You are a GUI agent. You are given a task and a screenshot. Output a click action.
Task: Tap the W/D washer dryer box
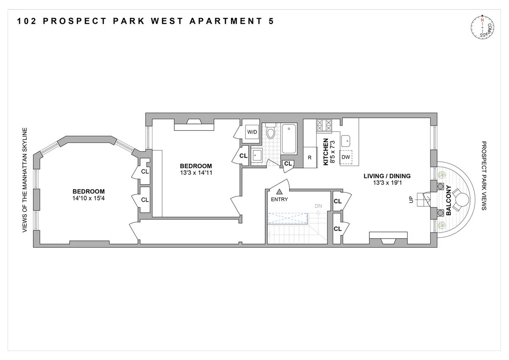coord(252,132)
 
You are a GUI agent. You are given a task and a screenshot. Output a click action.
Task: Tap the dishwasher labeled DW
coord(346,157)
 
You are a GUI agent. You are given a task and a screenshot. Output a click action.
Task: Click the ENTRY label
coord(279,200)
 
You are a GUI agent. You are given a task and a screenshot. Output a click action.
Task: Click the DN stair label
coord(319,206)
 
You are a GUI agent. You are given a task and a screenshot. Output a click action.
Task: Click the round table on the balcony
coord(462,199)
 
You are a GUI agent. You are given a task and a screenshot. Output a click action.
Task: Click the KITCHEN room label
coord(326,152)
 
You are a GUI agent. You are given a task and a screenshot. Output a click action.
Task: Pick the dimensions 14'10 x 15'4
coord(88,198)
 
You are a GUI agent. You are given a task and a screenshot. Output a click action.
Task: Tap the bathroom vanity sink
coord(257,155)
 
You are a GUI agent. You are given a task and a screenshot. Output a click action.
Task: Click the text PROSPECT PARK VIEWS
coord(484,176)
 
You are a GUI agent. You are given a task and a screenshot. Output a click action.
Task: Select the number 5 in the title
coord(271,21)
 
